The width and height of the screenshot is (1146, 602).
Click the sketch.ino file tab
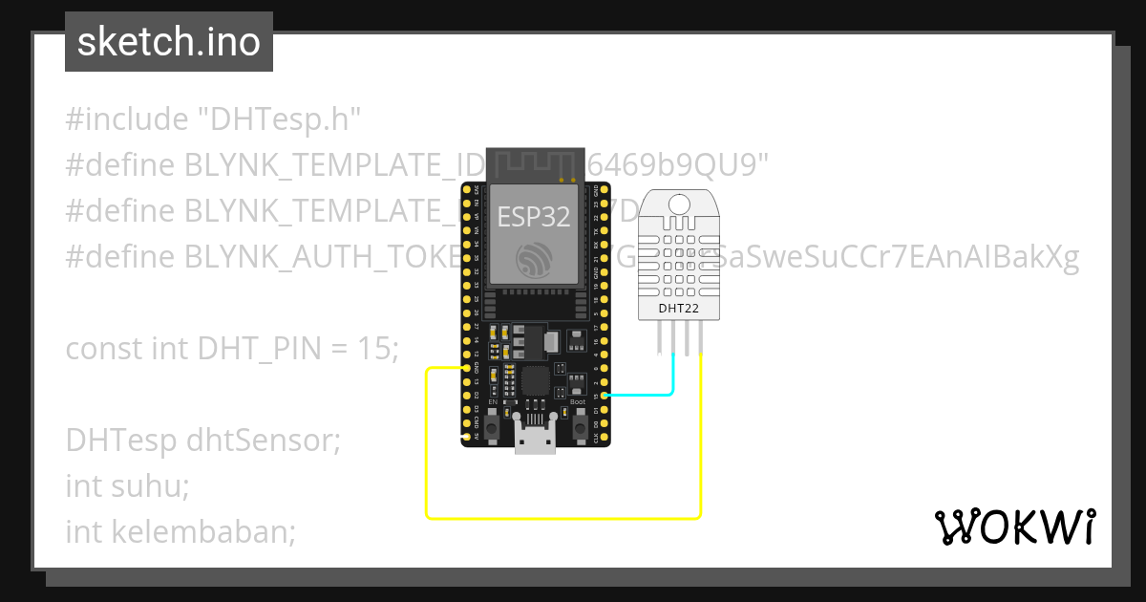click(169, 42)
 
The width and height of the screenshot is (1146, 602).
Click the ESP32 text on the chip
click(534, 217)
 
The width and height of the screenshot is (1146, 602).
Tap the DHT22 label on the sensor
click(678, 308)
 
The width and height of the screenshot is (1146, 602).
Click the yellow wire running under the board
click(563, 518)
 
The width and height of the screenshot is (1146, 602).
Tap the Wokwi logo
click(1014, 527)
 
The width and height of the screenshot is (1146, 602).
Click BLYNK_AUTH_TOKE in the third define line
click(316, 257)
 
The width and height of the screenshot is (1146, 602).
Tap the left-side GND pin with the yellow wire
click(466, 368)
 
